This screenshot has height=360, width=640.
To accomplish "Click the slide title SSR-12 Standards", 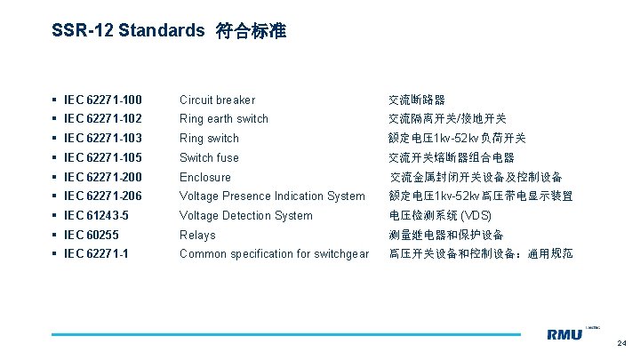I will point(129,31).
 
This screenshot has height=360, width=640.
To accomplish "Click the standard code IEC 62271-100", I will point(103,100).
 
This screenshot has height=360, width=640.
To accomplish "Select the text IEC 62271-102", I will point(103,118).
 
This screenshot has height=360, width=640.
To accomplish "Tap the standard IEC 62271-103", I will point(103,138).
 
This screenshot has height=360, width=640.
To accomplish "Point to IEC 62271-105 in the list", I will point(103,157).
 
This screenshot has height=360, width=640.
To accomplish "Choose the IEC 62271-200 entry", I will point(103,177).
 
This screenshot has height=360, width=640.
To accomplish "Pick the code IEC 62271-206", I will point(103,196).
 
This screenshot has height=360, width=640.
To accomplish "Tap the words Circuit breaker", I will point(217,100).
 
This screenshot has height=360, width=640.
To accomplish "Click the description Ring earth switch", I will point(224,118).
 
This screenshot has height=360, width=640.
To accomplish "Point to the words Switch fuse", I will point(209,157).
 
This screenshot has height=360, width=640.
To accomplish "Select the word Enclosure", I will point(204,177).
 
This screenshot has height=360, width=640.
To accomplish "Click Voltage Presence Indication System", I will point(272,196).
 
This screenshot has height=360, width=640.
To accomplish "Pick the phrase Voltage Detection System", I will point(246,215).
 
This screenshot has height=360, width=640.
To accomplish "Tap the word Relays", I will point(197,235).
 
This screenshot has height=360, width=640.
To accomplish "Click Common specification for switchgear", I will point(274,253).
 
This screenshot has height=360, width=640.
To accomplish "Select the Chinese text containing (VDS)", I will point(441,215).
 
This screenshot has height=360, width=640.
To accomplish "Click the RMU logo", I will point(566,334).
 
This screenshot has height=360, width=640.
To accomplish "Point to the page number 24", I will point(621,342).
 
